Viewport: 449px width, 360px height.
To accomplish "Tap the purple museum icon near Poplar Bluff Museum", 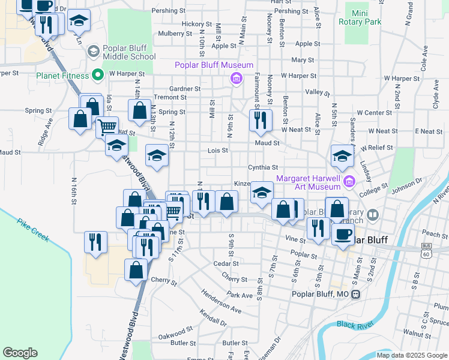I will [237, 78].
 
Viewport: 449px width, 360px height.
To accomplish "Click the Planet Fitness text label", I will [62, 76].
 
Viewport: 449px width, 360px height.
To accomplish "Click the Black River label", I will [354, 325].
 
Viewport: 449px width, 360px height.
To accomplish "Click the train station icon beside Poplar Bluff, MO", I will [356, 295].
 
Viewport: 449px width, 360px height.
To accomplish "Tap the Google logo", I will [20, 352].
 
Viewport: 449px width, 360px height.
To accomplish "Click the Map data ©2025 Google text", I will [412, 355].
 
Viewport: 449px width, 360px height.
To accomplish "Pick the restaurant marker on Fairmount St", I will [261, 120].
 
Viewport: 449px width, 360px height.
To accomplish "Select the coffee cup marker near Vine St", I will [343, 233].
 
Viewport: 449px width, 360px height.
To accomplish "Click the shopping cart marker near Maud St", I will [107, 127].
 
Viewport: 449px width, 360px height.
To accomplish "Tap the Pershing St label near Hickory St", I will [167, 11].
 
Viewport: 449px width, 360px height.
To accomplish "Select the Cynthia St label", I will [263, 168].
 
